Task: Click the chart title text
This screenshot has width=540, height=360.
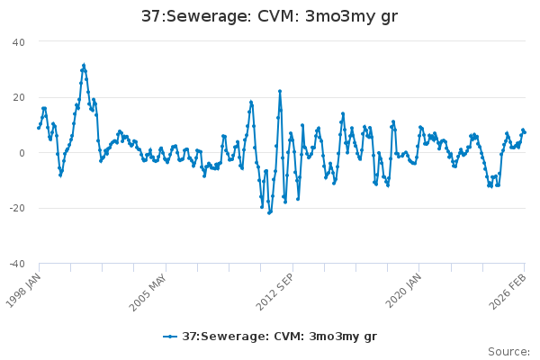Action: coord(269,16)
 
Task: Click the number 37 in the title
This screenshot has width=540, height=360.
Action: coord(151,16)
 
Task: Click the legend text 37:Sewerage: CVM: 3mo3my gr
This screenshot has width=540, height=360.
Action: coord(279,337)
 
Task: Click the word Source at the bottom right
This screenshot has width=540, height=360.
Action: coord(508,351)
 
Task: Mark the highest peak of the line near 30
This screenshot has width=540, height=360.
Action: coord(84,66)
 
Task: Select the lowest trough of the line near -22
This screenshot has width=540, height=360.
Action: coord(269,213)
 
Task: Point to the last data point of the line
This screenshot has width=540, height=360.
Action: coord(524,132)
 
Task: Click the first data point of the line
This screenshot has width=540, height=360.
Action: coord(39,128)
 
